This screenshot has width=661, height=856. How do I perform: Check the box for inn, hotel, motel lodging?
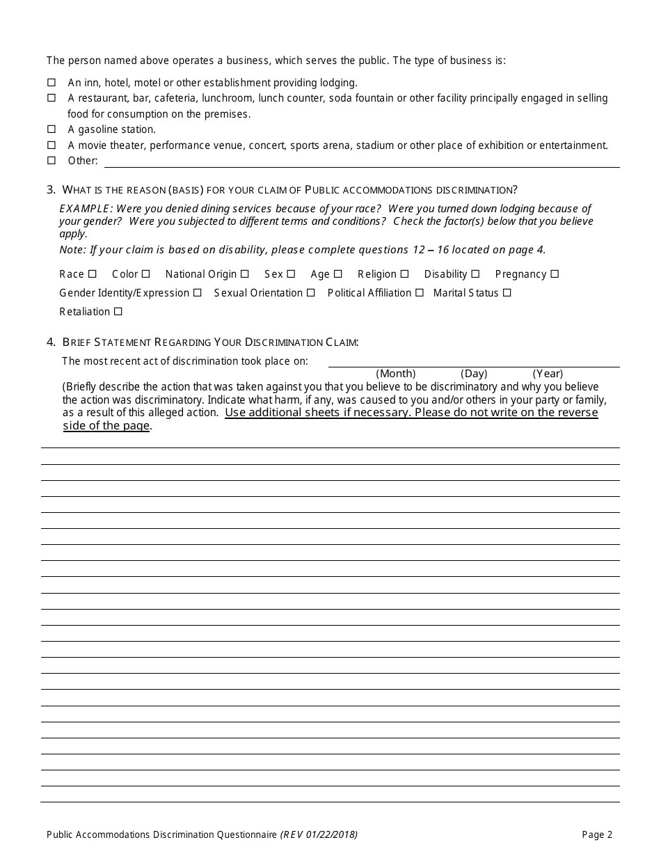point(51,82)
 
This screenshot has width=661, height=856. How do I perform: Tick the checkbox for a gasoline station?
point(51,129)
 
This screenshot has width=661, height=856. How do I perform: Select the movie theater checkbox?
point(51,145)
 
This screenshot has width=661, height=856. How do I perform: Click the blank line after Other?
point(362,161)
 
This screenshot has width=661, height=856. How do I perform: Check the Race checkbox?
point(93,274)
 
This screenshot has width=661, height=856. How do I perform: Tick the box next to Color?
point(145,274)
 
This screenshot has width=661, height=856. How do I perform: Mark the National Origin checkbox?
point(244,274)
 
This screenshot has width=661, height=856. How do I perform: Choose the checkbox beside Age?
point(337,274)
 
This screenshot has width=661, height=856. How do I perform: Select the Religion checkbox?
point(404,274)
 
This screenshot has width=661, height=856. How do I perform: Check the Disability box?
point(475,274)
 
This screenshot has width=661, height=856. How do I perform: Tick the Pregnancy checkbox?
point(555,274)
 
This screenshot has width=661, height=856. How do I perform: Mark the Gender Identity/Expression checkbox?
point(198,293)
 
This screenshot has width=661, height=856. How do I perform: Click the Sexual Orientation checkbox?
point(311,293)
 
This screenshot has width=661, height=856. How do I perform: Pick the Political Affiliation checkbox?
point(420,293)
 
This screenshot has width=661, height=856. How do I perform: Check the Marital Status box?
point(507,293)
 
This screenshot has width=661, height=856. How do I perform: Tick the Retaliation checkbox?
point(118,312)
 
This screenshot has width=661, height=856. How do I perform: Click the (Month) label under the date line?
point(396,374)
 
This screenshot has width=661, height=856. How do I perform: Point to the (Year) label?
point(548,374)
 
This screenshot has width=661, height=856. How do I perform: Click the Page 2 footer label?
point(597,834)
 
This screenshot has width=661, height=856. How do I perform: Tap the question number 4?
point(51,342)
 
